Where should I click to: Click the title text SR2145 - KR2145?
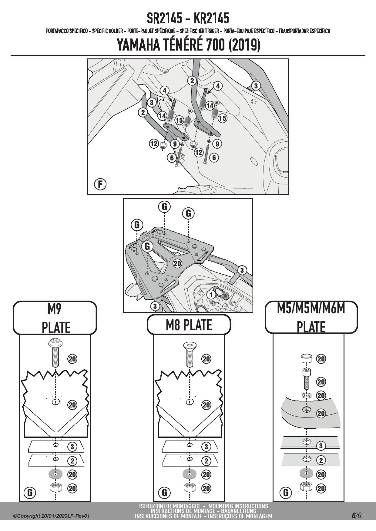click(x=188, y=19)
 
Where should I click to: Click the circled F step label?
click(x=100, y=184)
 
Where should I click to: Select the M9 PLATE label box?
click(x=55, y=318)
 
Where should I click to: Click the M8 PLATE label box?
click(x=189, y=325)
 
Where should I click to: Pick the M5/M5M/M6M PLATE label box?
click(x=311, y=317)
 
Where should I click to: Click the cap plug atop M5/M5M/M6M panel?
click(x=306, y=358)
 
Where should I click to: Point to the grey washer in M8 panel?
click(x=189, y=474)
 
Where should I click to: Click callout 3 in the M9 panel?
click(x=72, y=446)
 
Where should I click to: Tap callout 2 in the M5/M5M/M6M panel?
click(x=321, y=460)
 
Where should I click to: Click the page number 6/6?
click(x=356, y=516)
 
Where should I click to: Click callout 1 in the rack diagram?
click(x=211, y=294)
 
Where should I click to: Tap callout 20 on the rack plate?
click(x=177, y=263)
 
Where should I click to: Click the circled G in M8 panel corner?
click(x=164, y=493)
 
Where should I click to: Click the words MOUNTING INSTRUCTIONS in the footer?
click(x=238, y=506)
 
